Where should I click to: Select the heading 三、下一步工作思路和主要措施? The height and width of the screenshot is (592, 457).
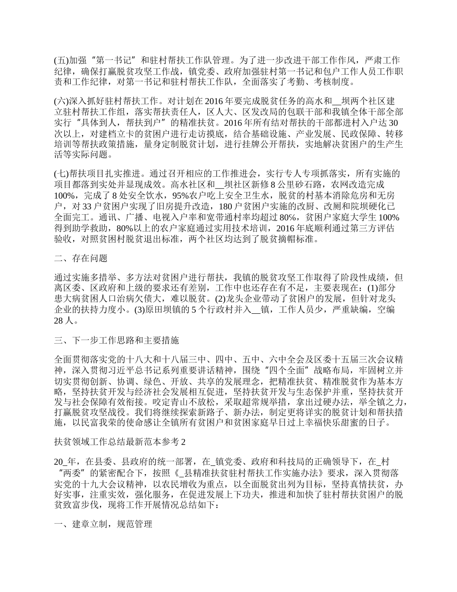[x=116, y=341]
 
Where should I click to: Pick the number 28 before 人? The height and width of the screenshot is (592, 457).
[x=59, y=321]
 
